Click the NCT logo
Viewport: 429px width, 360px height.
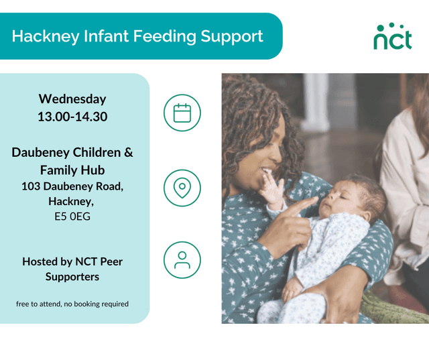point(392,36)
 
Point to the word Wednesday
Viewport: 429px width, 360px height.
point(72,99)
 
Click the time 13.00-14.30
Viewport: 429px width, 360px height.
point(72,117)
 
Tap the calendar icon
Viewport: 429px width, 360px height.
point(182,113)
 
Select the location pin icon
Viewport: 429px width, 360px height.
point(182,188)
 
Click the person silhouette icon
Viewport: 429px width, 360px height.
point(182,260)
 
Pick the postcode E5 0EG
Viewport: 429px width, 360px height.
point(72,216)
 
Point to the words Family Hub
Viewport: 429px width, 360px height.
point(72,170)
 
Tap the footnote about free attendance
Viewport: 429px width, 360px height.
point(72,304)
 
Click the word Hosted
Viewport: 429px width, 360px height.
point(41,261)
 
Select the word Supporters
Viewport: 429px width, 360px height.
point(72,276)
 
